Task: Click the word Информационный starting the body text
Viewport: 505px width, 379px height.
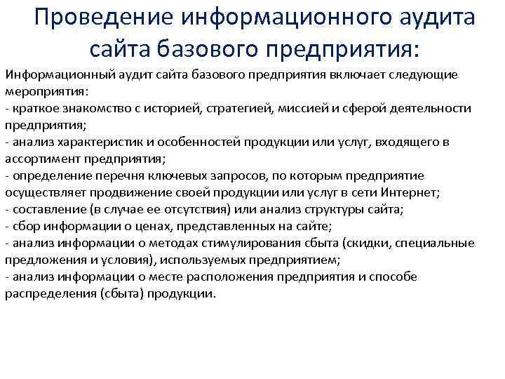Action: point(49,74)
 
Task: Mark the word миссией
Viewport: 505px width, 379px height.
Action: point(299,108)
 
